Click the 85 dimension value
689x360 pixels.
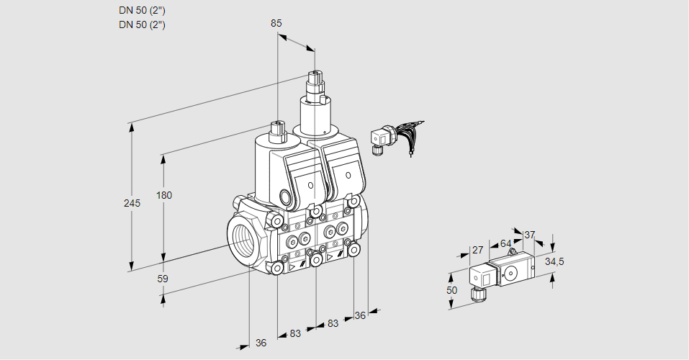[x=276, y=23]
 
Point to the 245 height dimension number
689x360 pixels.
[x=132, y=203]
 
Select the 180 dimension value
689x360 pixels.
[x=165, y=195]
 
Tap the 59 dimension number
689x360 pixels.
[x=163, y=278]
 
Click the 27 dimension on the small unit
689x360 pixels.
[x=477, y=250]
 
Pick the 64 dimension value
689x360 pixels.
[x=505, y=243]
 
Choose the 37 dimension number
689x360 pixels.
[x=530, y=235]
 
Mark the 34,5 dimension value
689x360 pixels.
[x=554, y=261]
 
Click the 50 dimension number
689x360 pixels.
[x=451, y=290]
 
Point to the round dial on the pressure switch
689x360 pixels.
[x=512, y=273]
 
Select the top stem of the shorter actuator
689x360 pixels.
[x=276, y=131]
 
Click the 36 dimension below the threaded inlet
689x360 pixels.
[x=261, y=343]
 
